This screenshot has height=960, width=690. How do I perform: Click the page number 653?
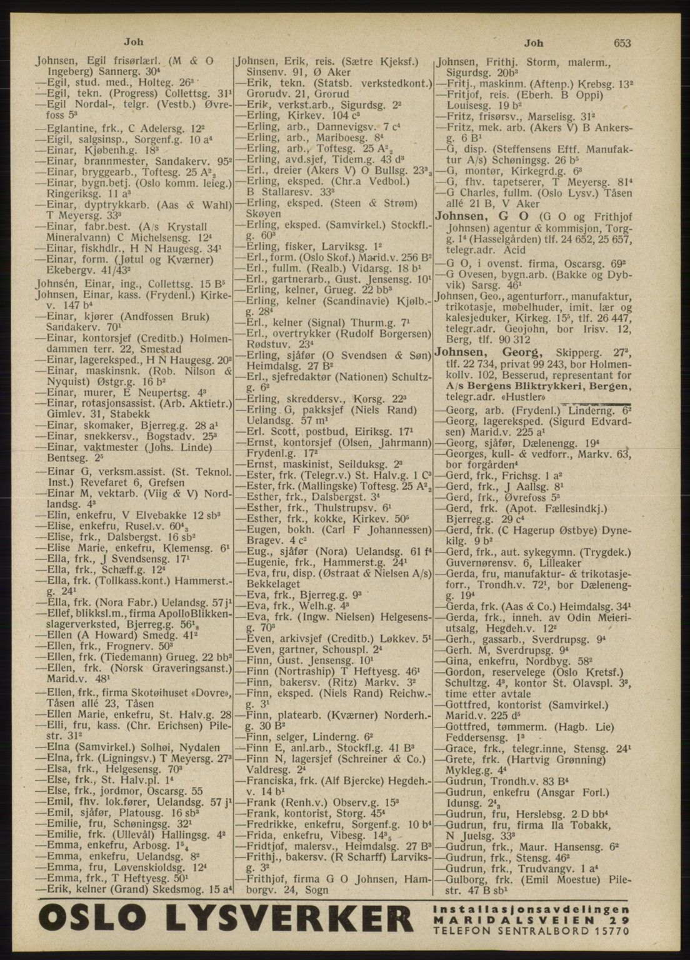click(x=622, y=42)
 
